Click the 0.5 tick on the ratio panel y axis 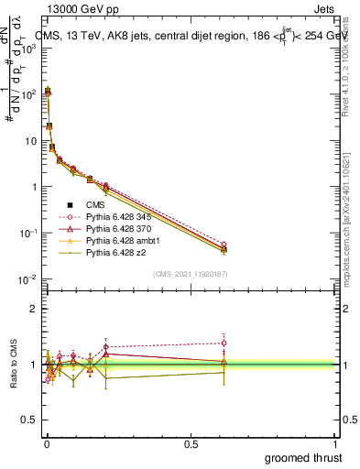tap(31, 421)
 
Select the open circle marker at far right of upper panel tap(224, 245)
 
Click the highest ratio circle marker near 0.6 tap(224, 343)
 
